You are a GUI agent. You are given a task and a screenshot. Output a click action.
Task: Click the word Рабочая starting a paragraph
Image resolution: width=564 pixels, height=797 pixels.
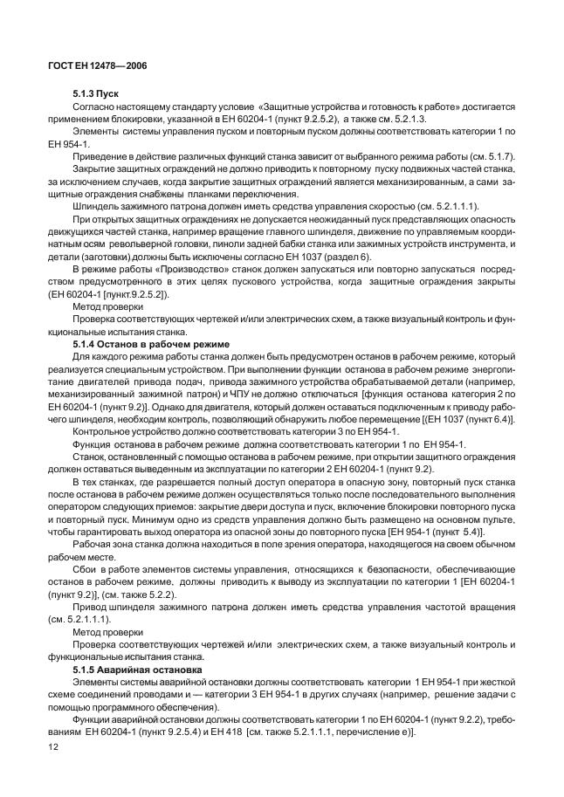(94, 546)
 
